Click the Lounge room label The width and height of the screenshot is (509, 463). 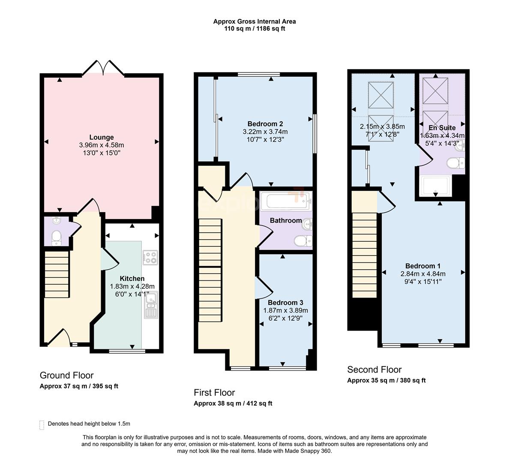[x=102, y=137]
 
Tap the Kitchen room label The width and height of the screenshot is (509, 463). [x=132, y=279]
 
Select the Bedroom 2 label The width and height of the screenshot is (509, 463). [x=265, y=124]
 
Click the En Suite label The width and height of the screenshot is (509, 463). [x=442, y=128]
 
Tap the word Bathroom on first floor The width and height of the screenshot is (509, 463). [x=285, y=220]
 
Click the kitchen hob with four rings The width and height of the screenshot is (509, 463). [x=150, y=257]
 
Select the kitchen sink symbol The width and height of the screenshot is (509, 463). [x=151, y=304]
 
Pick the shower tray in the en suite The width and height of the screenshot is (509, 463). [x=435, y=186]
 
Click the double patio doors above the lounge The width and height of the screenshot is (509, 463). [x=102, y=68]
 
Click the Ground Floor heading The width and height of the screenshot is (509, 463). [x=66, y=376]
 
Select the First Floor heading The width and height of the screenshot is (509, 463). [x=214, y=392]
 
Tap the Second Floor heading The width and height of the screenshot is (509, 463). [x=374, y=370]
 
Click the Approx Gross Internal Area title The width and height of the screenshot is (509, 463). [x=254, y=21]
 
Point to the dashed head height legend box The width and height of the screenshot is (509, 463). [x=42, y=424]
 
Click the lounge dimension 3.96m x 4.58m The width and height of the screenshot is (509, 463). [x=102, y=145]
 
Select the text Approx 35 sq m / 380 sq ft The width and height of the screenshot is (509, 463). [x=386, y=380]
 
